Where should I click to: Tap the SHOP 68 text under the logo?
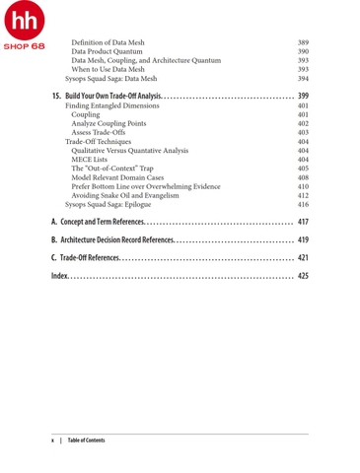pos(23,46)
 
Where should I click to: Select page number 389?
pos(303,43)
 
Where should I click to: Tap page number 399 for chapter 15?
pos(303,96)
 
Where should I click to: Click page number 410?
pos(303,186)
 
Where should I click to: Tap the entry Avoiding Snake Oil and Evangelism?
pos(131,195)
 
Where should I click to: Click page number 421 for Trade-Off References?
pos(303,257)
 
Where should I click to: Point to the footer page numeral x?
pos(52,440)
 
